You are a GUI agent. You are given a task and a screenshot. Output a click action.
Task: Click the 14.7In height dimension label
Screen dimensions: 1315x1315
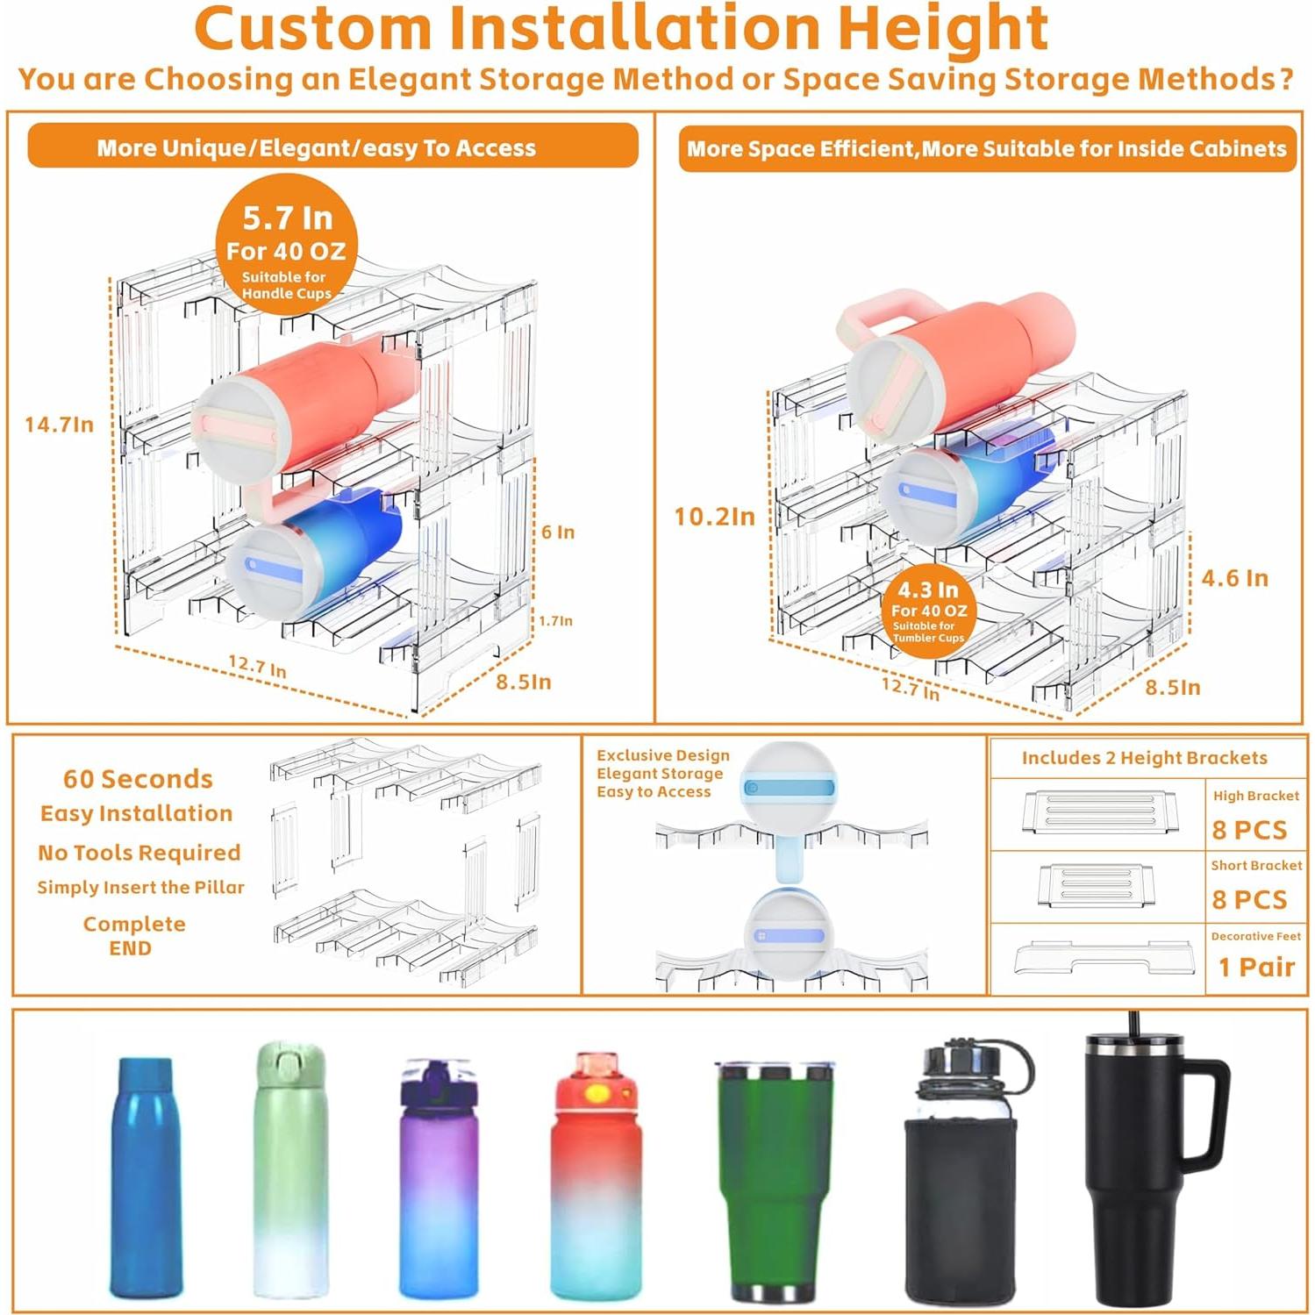pos(59,425)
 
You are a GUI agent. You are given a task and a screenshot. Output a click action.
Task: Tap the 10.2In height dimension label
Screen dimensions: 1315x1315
pos(714,517)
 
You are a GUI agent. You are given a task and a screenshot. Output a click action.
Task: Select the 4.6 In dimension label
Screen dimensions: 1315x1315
pos(1234,578)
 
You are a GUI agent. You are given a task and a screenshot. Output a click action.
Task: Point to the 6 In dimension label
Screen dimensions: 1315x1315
pos(558,532)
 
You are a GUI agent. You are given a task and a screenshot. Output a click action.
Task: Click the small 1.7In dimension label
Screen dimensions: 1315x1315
pos(555,621)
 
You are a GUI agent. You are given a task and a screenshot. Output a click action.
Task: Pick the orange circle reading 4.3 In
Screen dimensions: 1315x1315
pos(928,609)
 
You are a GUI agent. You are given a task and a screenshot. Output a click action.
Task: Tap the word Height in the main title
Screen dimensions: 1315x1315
pos(943,28)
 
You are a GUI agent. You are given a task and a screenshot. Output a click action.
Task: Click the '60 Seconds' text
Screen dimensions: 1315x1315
pos(138,779)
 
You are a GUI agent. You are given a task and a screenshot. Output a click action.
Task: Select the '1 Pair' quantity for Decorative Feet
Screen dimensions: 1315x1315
pos(1256,967)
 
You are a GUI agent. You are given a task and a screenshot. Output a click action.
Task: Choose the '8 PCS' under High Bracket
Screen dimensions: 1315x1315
pos(1249,830)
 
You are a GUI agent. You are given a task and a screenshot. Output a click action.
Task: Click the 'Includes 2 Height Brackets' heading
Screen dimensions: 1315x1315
pos(1144,758)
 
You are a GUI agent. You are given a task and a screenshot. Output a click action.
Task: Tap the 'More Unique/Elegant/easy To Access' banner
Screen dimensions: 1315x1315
pos(332,147)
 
